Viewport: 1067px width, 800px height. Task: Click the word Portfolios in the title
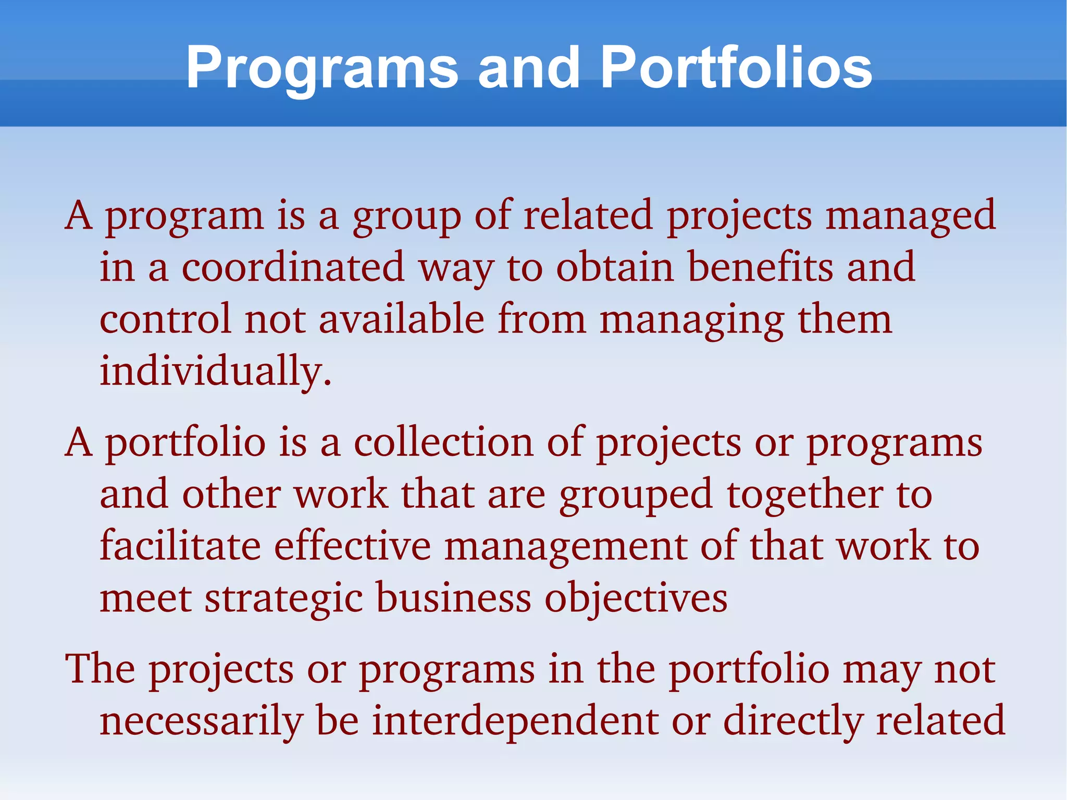coord(736,68)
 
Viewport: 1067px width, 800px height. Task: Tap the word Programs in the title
coord(321,68)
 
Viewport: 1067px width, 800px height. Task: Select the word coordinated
coord(293,267)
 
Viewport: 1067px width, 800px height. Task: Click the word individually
coord(215,371)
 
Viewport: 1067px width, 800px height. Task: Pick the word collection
coord(444,442)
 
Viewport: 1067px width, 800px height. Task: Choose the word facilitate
coord(180,546)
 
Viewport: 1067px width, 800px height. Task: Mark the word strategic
coord(283,598)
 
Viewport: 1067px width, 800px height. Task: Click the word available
coord(402,319)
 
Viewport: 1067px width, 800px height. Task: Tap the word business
coord(453,598)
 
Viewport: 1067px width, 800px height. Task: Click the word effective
coord(353,546)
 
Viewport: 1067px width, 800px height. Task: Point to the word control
coord(165,319)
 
